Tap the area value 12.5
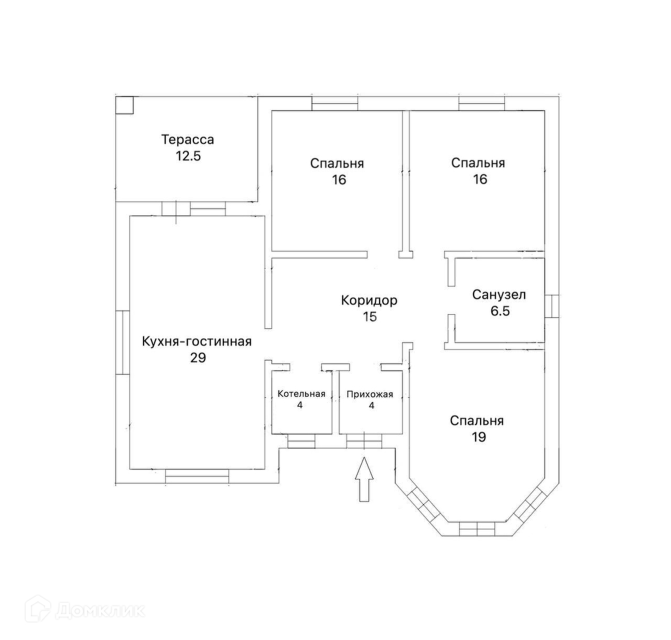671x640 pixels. tap(188, 156)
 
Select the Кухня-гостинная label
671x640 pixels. tap(197, 341)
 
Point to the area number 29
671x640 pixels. tap(198, 358)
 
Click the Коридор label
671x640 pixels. tap(369, 301)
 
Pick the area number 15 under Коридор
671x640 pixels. tap(370, 316)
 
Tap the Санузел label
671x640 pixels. tap(499, 295)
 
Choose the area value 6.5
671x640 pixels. tap(500, 311)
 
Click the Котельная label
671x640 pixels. tap(301, 394)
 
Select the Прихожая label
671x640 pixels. tap(370, 394)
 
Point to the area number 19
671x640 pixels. tap(479, 437)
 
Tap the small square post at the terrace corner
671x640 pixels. tap(124, 105)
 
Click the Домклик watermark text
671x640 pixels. tap(100, 611)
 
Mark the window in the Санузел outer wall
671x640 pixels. tap(551, 306)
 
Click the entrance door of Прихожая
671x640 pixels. tap(364, 441)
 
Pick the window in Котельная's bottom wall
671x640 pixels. tap(301, 441)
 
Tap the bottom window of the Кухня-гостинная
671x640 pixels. tap(197, 476)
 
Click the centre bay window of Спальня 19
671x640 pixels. tap(477, 529)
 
